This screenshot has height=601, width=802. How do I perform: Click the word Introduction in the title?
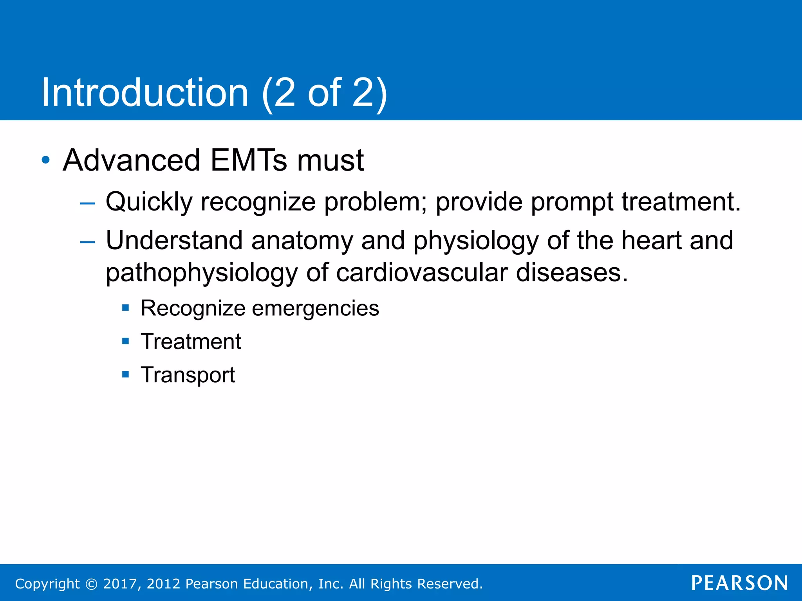pyautogui.click(x=145, y=93)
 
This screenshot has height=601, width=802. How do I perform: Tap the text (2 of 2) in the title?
pyautogui.click(x=324, y=93)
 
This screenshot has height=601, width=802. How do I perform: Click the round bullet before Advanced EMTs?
pyautogui.click(x=46, y=160)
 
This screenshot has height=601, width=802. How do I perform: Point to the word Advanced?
pyautogui.click(x=132, y=160)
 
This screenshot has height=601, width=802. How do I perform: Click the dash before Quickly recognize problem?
pyautogui.click(x=87, y=203)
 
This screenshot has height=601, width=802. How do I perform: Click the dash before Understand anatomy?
pyautogui.click(x=87, y=242)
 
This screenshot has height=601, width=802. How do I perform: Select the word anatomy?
pyautogui.click(x=302, y=241)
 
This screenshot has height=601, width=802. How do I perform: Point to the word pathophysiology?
pyautogui.click(x=202, y=273)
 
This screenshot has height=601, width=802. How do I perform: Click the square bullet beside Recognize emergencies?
pyautogui.click(x=125, y=308)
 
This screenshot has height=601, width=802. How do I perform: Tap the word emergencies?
pyautogui.click(x=315, y=309)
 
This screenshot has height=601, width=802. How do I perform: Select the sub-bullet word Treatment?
pyautogui.click(x=191, y=341)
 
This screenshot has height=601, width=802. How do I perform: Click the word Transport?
pyautogui.click(x=188, y=375)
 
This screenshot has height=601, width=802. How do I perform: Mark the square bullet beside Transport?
pyautogui.click(x=125, y=374)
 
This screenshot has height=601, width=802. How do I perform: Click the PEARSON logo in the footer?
pyautogui.click(x=739, y=583)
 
